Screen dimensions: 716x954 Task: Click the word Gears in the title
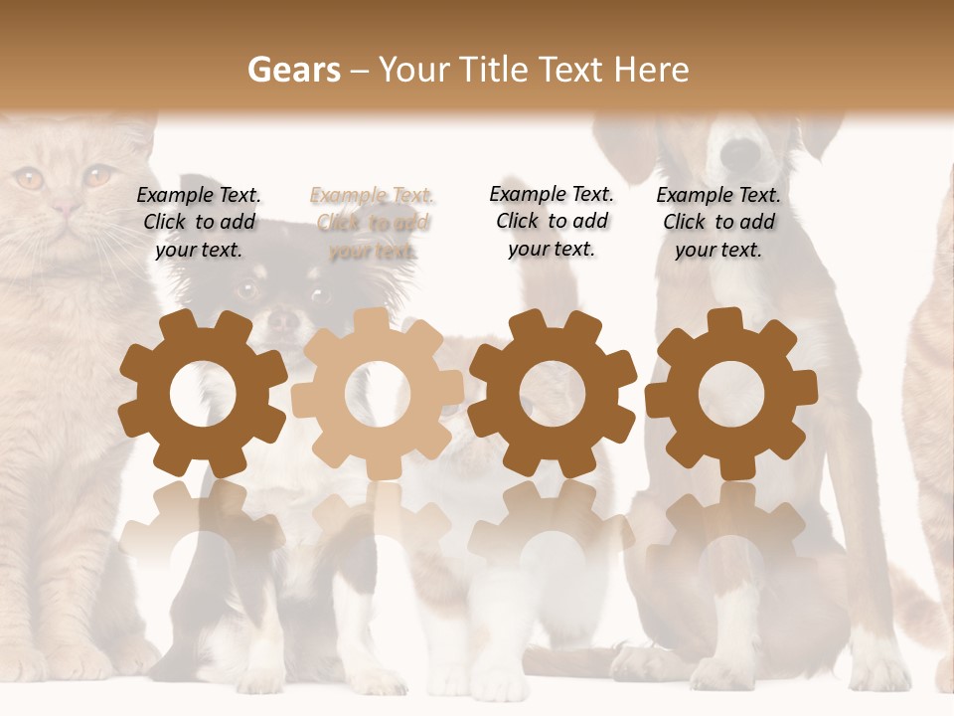(293, 70)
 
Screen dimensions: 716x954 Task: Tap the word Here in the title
(651, 70)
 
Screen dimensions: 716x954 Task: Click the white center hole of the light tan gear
(378, 394)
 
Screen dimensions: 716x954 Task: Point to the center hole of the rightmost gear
(731, 394)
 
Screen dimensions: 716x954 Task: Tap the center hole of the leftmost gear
(203, 394)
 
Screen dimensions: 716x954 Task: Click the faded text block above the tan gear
(373, 223)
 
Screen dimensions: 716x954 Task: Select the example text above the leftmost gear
(199, 223)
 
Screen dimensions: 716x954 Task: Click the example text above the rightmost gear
(718, 223)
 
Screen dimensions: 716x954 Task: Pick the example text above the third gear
(552, 221)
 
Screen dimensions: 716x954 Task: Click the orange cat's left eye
(29, 179)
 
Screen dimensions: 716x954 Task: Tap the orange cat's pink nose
(67, 208)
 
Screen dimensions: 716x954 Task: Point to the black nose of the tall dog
(739, 152)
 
